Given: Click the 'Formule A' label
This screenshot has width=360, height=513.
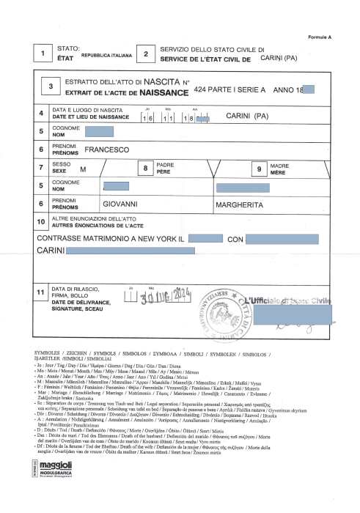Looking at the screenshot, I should click(320, 35).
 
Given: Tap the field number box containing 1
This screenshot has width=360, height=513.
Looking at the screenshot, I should click(43, 55).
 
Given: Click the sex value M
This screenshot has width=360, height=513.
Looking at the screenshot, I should click(83, 169).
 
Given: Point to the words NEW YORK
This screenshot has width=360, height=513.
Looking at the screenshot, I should click(147, 239).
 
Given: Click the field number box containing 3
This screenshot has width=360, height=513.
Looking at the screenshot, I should click(51, 86).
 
